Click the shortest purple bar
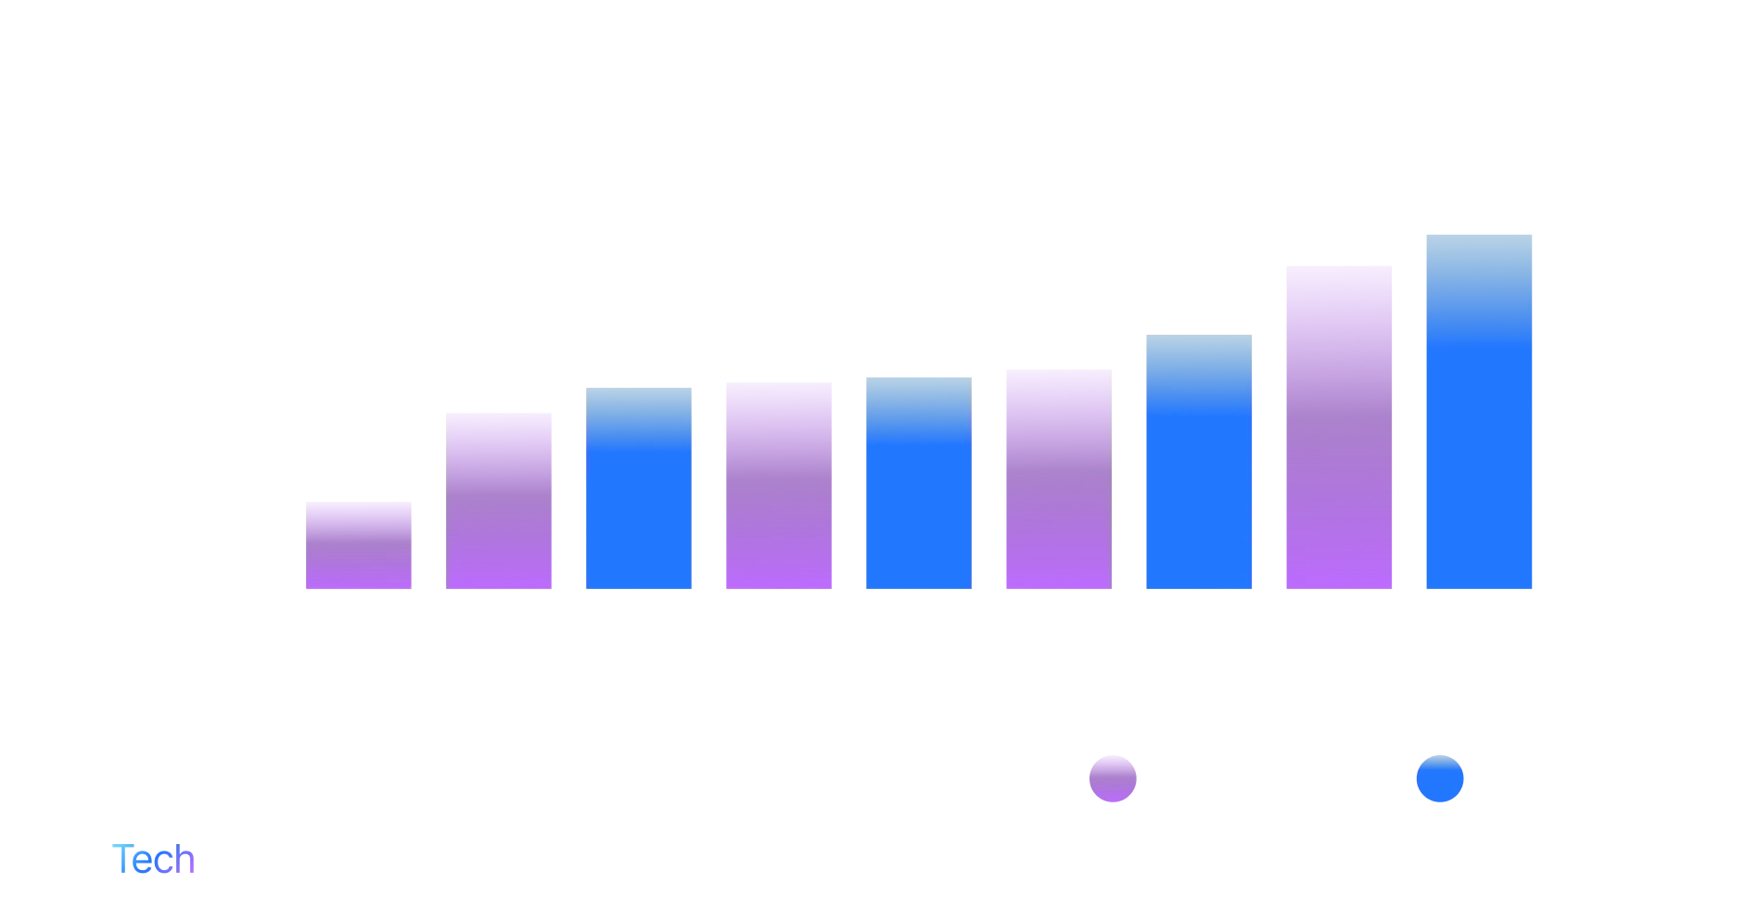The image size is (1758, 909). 360,544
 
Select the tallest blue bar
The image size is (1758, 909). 1479,410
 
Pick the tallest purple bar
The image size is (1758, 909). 1338,425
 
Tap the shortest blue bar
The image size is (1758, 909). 641,488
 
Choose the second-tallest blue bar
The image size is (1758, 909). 1198,462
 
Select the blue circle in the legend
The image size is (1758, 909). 1439,777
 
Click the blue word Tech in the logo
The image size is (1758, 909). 156,859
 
